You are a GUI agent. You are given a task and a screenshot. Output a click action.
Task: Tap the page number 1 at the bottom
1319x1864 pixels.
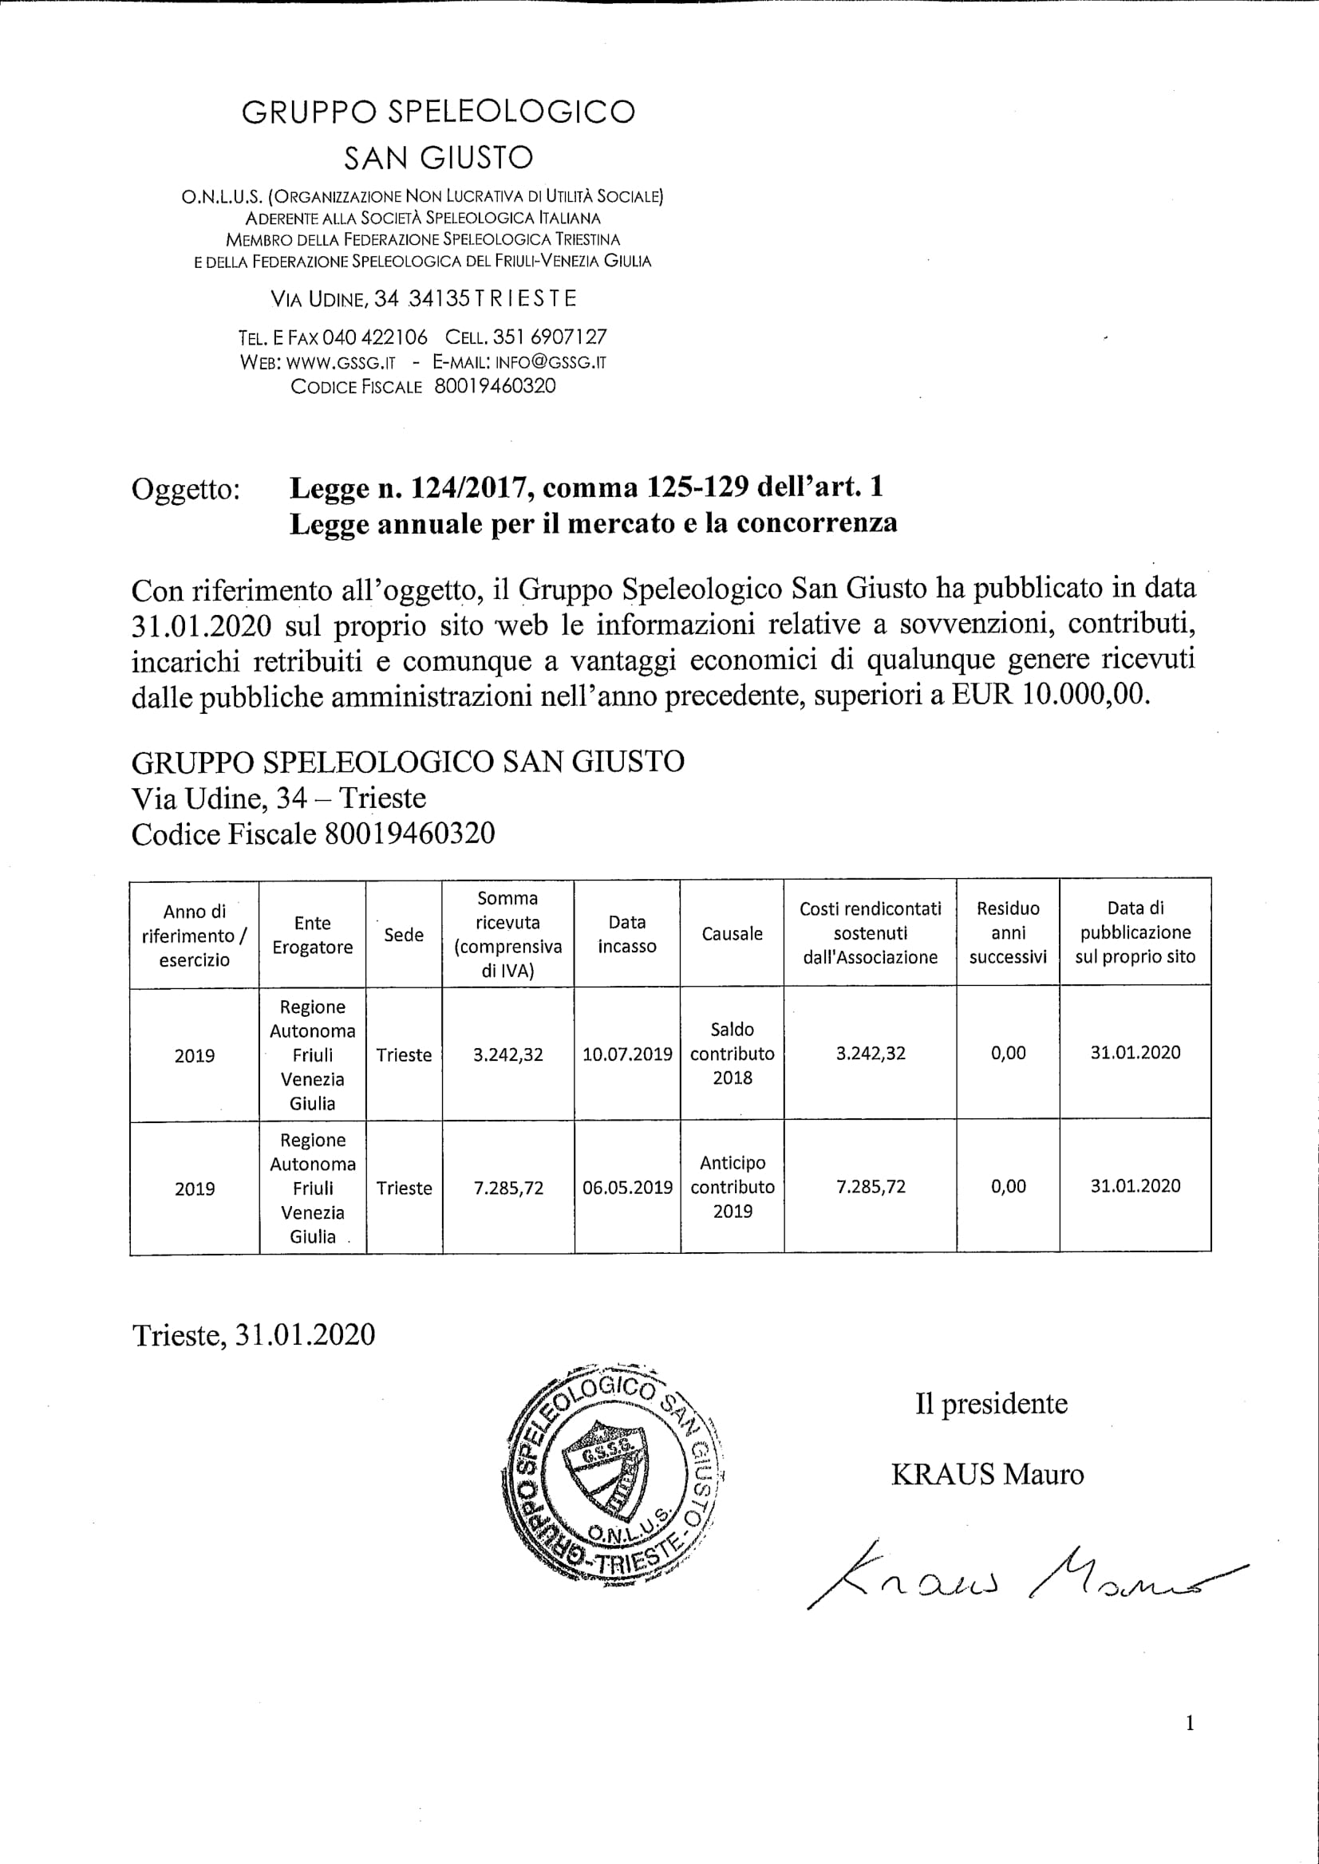click(x=1190, y=1745)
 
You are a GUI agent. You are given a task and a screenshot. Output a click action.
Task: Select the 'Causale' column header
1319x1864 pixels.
click(x=732, y=934)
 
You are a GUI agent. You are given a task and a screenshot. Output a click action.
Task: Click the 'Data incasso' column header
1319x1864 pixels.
click(x=627, y=934)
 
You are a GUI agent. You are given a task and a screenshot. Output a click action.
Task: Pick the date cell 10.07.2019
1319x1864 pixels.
click(x=627, y=1054)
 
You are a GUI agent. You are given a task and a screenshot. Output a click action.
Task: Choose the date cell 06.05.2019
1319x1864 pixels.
click(x=627, y=1187)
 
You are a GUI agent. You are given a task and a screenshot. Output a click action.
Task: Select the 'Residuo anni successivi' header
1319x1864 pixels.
click(x=1008, y=933)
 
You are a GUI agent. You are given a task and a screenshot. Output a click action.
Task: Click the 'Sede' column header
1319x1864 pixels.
click(x=404, y=935)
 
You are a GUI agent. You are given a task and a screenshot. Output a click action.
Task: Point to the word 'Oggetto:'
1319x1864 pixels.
click(x=186, y=490)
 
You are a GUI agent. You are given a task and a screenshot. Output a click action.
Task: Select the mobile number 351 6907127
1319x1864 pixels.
click(x=550, y=337)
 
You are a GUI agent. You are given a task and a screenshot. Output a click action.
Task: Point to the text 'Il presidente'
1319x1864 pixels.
click(x=991, y=1404)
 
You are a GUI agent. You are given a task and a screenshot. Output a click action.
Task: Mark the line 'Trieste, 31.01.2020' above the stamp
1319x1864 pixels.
click(x=254, y=1334)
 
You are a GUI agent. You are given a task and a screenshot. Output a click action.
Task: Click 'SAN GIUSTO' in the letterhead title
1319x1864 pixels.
click(x=439, y=157)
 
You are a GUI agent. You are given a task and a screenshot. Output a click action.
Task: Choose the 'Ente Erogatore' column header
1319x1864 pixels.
click(x=313, y=936)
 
